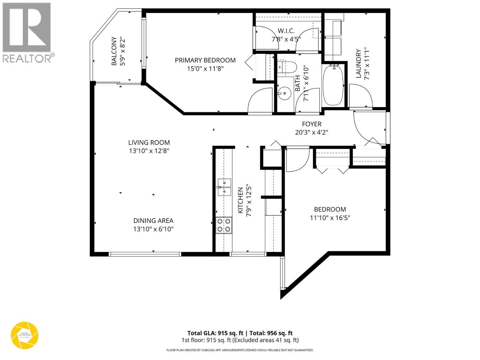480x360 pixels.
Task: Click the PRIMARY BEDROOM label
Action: pos(205,60)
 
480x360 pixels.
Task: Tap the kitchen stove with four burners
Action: pos(224,225)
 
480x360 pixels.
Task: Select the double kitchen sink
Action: pos(224,187)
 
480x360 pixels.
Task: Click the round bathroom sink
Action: pos(284,93)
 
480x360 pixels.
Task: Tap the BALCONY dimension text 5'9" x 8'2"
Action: pos(122,51)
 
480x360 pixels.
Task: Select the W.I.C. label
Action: pos(286,31)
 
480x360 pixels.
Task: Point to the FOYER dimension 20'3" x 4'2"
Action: pos(312,132)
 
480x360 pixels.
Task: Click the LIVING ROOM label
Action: pos(149,142)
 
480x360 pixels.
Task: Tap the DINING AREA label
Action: pos(153,221)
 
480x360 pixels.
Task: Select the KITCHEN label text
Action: pos(240,201)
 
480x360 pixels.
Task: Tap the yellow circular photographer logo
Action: pos(25,335)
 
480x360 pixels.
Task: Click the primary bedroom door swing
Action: pos(259,100)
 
